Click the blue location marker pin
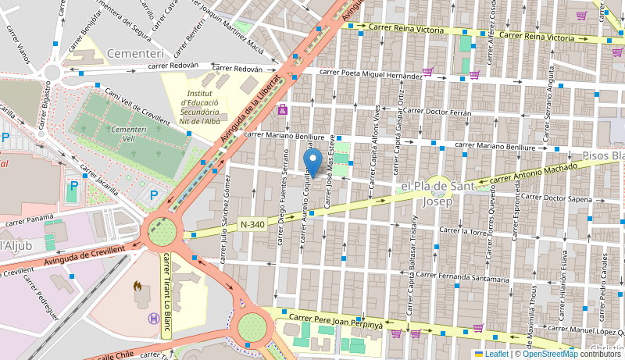click(x=313, y=163)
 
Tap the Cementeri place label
click(x=136, y=54)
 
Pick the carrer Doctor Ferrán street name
click(x=438, y=112)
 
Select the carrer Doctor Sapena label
click(x=557, y=198)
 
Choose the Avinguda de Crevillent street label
click(x=84, y=254)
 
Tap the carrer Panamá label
click(x=29, y=220)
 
